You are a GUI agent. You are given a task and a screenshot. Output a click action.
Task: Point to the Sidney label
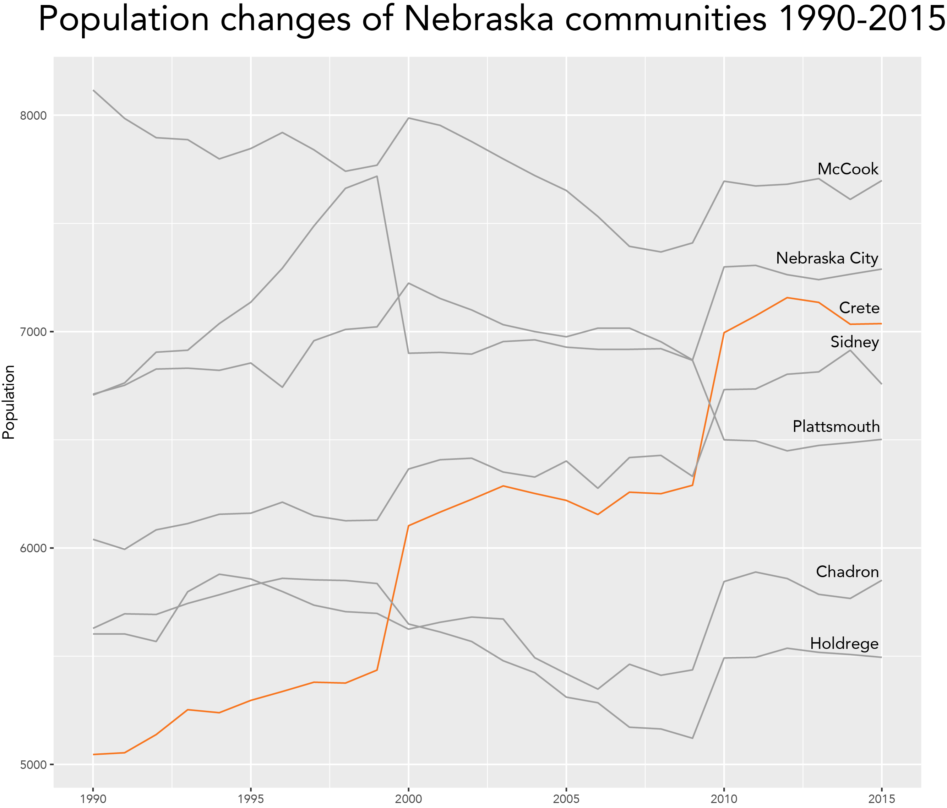point(855,342)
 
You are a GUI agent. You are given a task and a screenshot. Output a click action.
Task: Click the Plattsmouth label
point(836,427)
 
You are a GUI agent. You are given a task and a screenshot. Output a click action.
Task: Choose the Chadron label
point(847,572)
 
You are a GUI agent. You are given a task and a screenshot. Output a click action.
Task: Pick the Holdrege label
point(844,644)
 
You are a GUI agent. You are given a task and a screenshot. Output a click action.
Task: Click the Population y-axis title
point(9,402)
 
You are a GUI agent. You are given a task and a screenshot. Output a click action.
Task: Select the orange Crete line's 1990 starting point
point(93,754)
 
